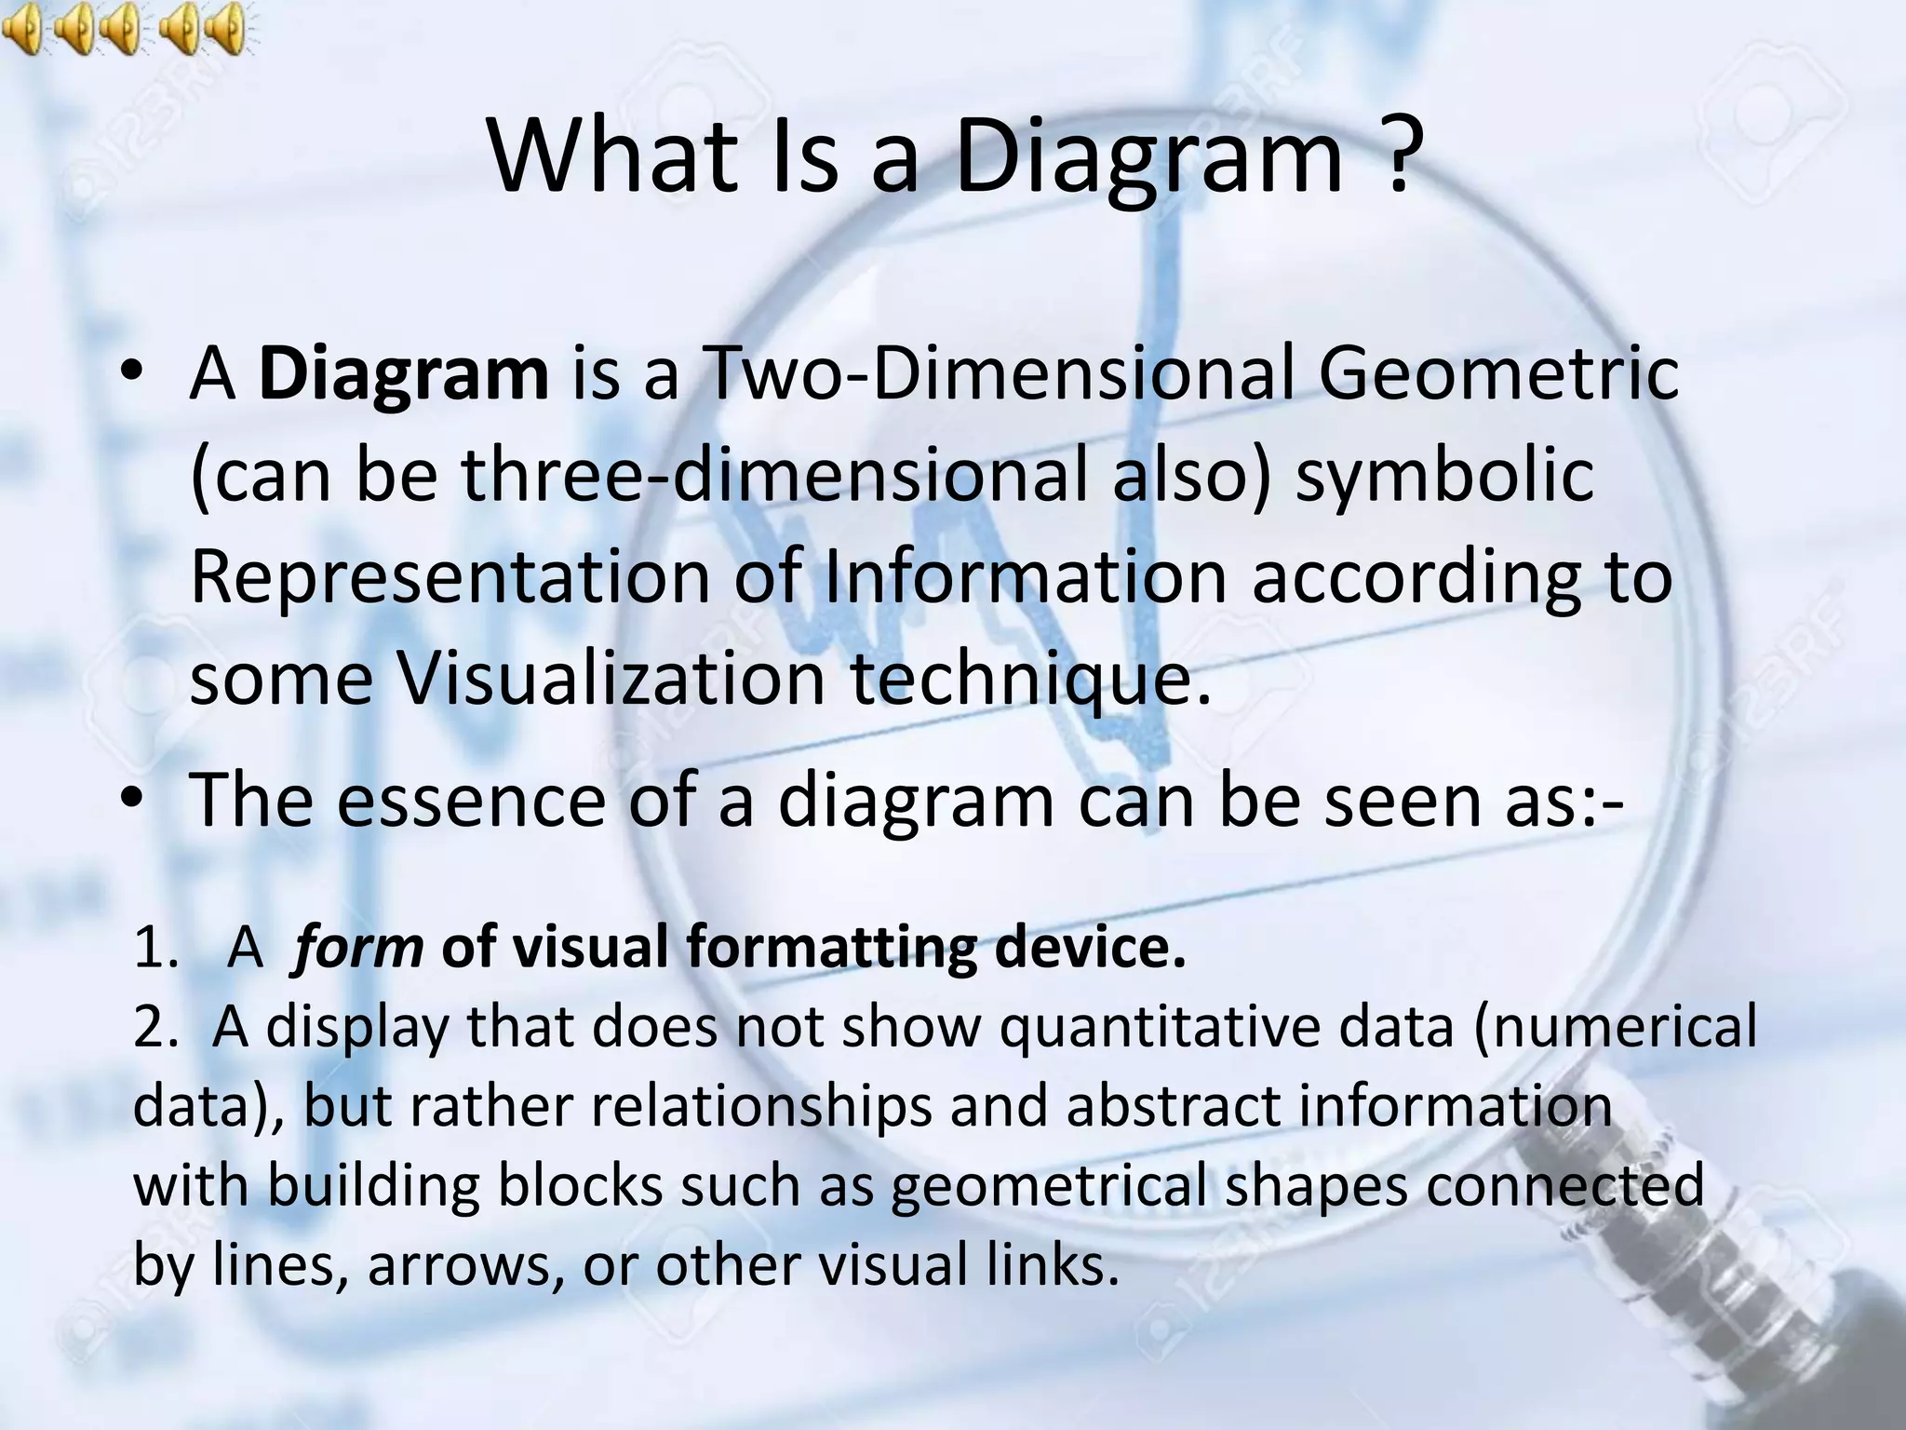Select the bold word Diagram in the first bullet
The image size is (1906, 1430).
[x=403, y=374]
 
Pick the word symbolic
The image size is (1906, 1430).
[x=1444, y=476]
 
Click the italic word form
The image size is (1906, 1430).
[x=356, y=948]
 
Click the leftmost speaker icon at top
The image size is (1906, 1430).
[x=23, y=28]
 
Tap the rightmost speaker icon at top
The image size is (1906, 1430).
[x=224, y=28]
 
